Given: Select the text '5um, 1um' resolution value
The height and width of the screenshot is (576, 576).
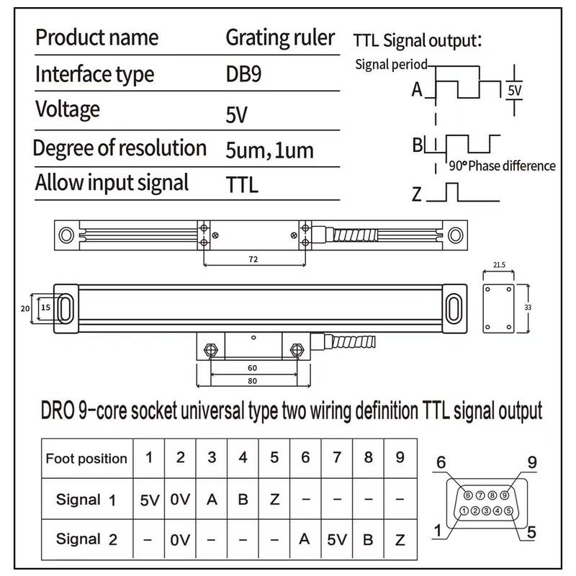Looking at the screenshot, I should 269,150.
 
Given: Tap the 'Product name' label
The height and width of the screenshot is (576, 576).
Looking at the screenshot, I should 96,37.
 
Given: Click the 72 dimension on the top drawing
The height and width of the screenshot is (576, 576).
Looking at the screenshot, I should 253,258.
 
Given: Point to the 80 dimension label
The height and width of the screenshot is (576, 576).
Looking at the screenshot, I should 252,380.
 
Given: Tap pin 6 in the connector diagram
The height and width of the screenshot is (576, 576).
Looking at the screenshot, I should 468,495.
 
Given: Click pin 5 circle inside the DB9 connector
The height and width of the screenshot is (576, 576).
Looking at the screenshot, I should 509,510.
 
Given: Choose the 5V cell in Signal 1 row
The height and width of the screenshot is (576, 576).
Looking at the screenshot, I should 150,499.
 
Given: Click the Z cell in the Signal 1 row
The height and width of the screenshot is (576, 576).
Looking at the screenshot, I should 274,499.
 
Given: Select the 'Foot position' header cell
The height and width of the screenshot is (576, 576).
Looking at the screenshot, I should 86,459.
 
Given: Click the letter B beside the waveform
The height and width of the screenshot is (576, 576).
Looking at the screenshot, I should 417,145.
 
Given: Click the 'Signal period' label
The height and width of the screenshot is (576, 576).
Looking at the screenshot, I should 391,64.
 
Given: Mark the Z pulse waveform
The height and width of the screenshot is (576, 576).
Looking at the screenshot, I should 452,193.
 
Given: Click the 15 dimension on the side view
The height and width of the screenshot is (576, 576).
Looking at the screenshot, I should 45,306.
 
